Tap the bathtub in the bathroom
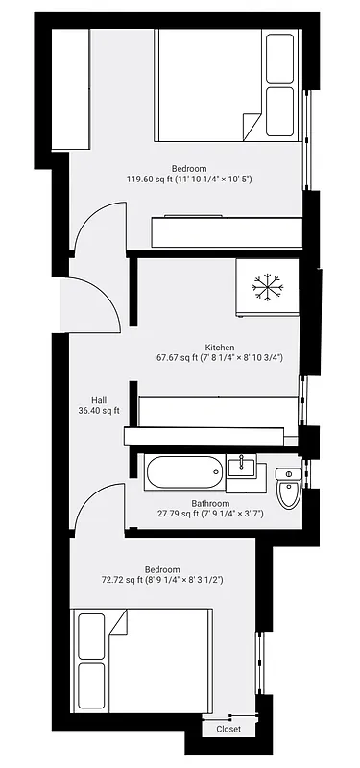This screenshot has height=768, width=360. click(185, 472)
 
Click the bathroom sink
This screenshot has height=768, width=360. click(244, 468)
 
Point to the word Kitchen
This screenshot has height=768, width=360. click(220, 348)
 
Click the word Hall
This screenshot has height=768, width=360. click(98, 400)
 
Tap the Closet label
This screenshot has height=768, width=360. click(228, 729)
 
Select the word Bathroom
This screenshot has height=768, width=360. click(210, 503)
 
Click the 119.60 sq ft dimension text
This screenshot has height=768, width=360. click(189, 179)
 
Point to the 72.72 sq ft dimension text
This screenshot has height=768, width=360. click(162, 580)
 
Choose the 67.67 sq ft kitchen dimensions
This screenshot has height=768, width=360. click(220, 358)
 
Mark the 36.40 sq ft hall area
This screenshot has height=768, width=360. click(99, 411)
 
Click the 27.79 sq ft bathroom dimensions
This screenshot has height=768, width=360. click(210, 514)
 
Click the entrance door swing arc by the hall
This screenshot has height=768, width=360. click(97, 300)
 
